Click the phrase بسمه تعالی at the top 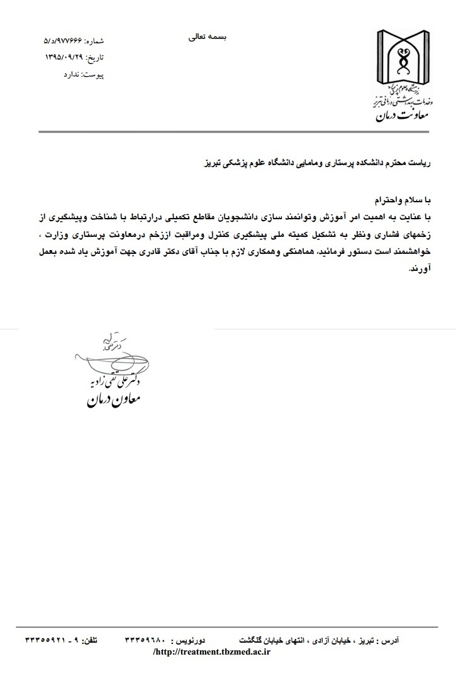(x=207, y=37)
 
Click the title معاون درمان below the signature (x=113, y=400)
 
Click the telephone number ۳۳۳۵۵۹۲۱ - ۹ (x=53, y=641)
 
